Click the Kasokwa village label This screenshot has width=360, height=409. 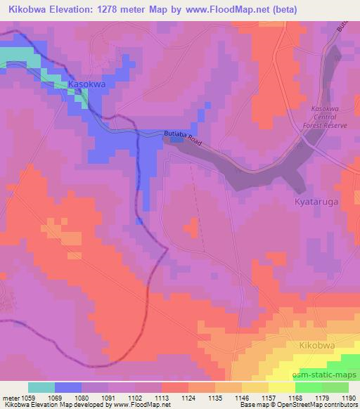point(86,84)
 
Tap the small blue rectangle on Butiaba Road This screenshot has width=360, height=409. point(176,139)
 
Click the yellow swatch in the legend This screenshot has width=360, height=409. point(281,387)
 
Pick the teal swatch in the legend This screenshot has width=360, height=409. point(41,387)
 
